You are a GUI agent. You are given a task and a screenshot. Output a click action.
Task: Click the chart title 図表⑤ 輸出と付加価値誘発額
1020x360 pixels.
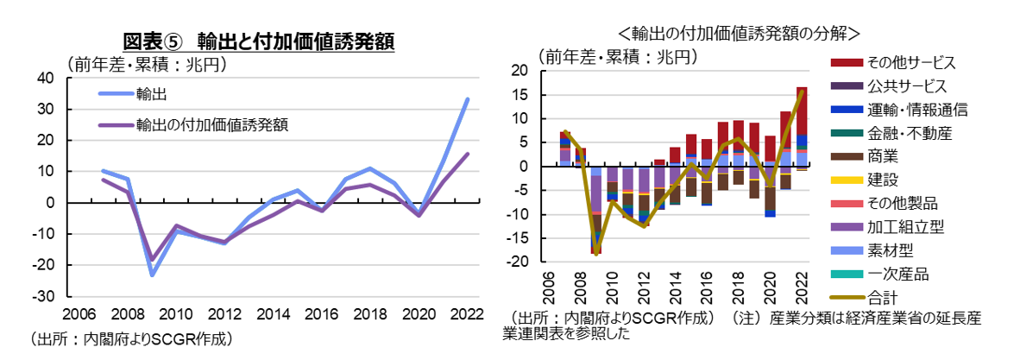click(258, 41)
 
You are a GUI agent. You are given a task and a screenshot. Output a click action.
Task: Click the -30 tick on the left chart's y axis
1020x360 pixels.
click(43, 295)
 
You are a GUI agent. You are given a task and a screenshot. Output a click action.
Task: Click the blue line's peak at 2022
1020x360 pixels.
click(468, 99)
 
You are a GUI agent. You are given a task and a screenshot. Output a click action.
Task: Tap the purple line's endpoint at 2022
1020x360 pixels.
click(468, 155)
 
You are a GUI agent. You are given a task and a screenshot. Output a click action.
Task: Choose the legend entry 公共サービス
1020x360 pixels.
click(906, 86)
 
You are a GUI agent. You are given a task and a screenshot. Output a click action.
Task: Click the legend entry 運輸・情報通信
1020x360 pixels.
click(916, 110)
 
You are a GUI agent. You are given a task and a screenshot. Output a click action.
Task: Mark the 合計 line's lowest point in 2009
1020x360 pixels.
click(595, 253)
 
